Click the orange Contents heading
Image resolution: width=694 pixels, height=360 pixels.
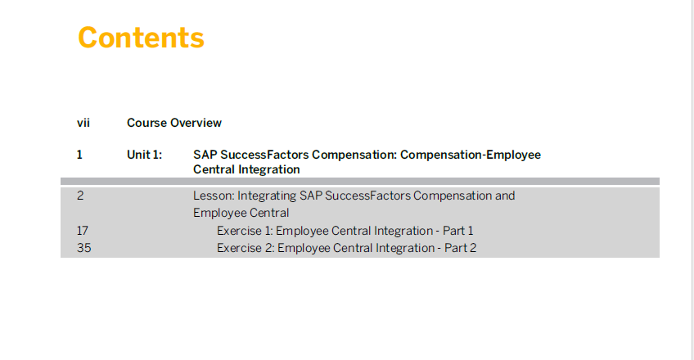click(142, 38)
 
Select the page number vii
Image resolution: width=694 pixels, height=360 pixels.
click(83, 123)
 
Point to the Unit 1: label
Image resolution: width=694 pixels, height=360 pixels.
click(144, 155)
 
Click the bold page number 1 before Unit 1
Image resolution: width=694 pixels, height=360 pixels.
click(79, 155)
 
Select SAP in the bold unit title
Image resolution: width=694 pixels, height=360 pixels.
click(205, 155)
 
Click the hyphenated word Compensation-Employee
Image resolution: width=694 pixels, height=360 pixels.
click(471, 155)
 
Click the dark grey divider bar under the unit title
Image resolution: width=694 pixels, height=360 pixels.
click(360, 182)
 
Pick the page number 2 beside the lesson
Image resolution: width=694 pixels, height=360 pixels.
click(80, 196)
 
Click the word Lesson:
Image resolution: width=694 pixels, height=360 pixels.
click(214, 196)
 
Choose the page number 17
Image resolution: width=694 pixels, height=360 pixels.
click(83, 231)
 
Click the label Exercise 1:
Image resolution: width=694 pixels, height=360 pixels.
click(245, 231)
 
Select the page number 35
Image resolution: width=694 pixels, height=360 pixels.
click(83, 248)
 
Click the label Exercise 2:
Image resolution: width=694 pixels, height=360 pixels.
click(246, 248)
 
